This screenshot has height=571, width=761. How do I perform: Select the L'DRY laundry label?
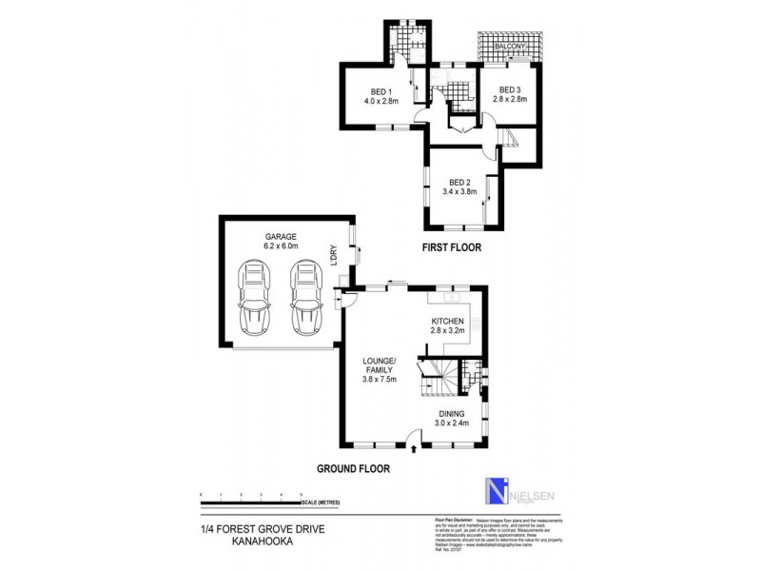(335, 250)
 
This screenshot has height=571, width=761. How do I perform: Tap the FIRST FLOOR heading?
(451, 247)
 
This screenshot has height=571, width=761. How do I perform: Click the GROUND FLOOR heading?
(353, 468)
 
